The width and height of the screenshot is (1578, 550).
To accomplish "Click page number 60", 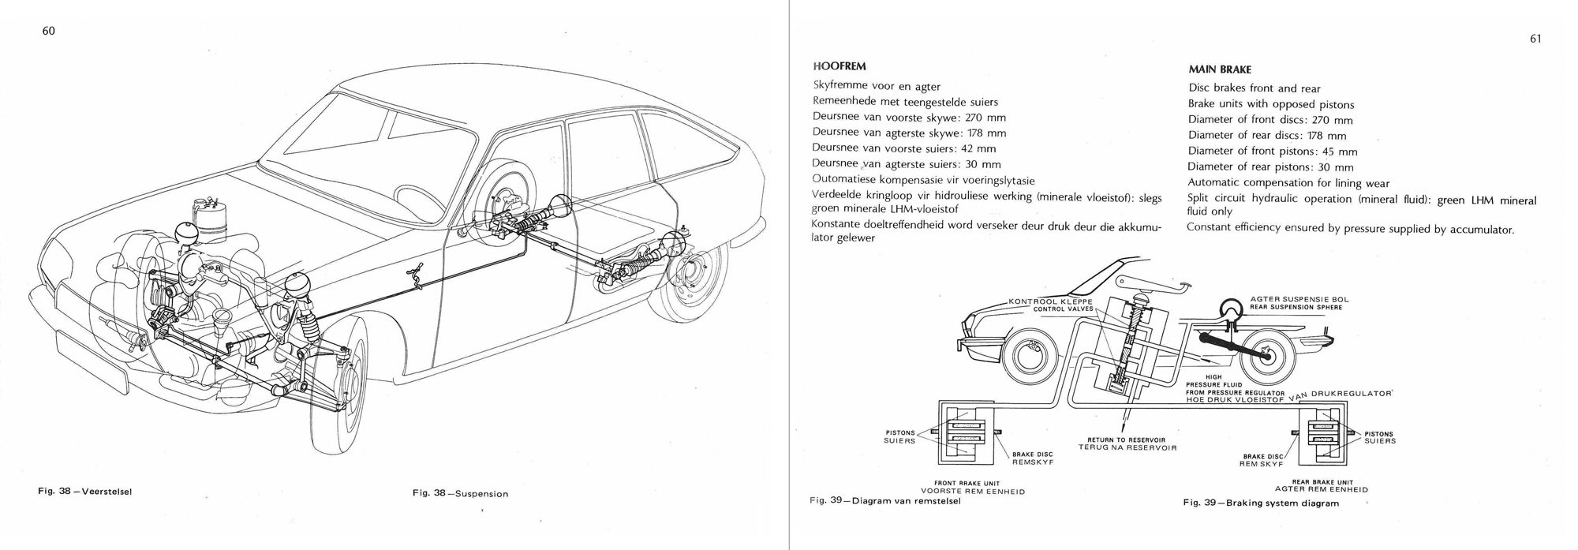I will pyautogui.click(x=48, y=31).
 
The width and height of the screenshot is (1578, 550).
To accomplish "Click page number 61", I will pyautogui.click(x=1535, y=39).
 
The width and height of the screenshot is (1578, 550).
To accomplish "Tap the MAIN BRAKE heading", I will pyautogui.click(x=1219, y=69).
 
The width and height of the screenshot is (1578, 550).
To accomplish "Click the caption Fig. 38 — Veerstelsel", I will pyautogui.click(x=84, y=491).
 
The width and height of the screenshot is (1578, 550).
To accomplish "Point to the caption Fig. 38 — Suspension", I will pyautogui.click(x=460, y=494).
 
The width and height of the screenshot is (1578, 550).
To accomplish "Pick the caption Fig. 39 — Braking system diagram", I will pyautogui.click(x=1260, y=503).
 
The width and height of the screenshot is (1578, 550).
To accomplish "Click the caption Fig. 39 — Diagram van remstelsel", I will pyautogui.click(x=884, y=500).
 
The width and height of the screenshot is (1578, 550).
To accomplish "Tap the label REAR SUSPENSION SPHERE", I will pyautogui.click(x=1296, y=307).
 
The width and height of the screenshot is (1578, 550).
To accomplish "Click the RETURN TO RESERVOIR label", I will pyautogui.click(x=1126, y=440).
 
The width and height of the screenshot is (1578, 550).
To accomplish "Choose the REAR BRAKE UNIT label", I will pyautogui.click(x=1322, y=482).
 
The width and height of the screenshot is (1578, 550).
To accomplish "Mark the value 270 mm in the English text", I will pyautogui.click(x=1332, y=121).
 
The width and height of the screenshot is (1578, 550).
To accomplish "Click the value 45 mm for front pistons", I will pyautogui.click(x=1340, y=152).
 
